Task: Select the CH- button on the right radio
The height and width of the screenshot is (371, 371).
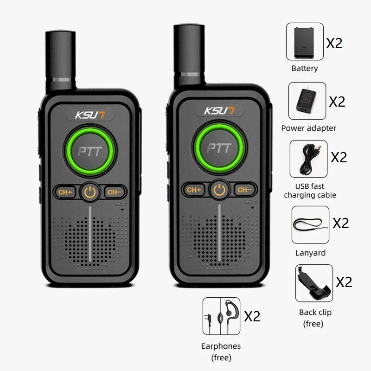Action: pos(244,190)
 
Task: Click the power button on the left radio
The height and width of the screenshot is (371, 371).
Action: pos(91,192)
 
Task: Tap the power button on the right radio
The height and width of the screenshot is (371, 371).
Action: pos(219,190)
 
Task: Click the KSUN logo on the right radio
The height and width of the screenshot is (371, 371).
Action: pos(219,111)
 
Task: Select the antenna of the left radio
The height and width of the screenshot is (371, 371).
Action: pos(61,60)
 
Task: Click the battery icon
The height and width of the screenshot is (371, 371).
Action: pos(305,42)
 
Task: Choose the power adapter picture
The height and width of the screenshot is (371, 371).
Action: pos(307,101)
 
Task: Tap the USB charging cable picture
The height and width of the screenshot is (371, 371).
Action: pos(308,159)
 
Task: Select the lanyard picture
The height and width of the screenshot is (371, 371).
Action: pos(310,225)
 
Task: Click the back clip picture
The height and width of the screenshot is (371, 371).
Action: pos(314,283)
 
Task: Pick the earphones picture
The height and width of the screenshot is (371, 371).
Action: pos(221,316)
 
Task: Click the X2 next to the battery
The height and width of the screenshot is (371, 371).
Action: pos(334,43)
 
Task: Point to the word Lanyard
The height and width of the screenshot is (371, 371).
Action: pos(310,253)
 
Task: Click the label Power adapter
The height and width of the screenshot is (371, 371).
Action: pos(308,128)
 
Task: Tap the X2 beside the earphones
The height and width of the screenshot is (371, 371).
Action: pos(252,316)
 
